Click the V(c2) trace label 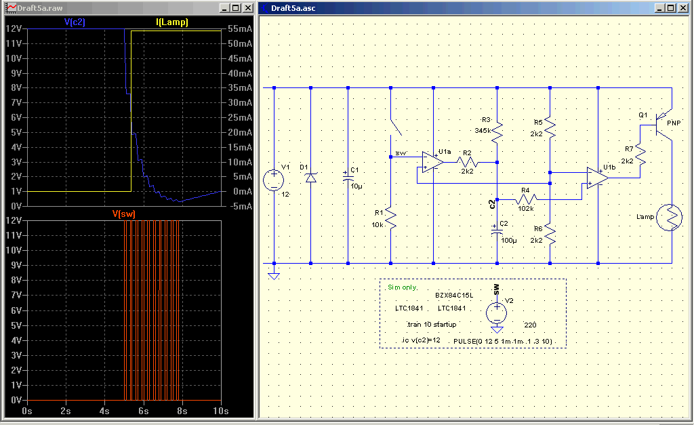click(75, 22)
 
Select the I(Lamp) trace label click(172, 22)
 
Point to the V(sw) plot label click(124, 214)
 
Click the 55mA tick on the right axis click(240, 28)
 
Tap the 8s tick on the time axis click(182, 411)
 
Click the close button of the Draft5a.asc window click(683, 8)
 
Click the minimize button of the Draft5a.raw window click(224, 8)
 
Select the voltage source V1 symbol click(274, 180)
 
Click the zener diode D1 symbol click(310, 178)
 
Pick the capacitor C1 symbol click(348, 177)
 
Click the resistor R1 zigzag click(390, 218)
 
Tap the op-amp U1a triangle click(432, 163)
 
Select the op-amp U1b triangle click(598, 178)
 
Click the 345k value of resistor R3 click(483, 131)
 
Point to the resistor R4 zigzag click(526, 199)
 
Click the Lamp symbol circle click(669, 217)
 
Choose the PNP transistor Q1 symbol click(662, 125)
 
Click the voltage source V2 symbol click(497, 313)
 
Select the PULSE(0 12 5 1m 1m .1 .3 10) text click(503, 342)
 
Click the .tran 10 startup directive click(432, 325)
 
